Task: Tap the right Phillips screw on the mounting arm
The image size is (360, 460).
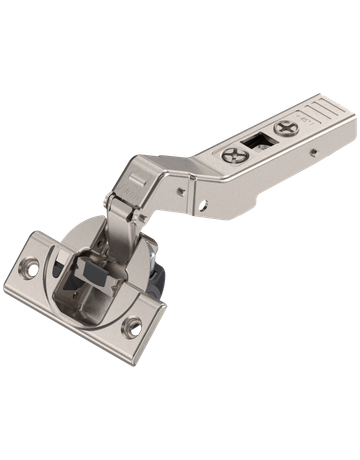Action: pos(289,127)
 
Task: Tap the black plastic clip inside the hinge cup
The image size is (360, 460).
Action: pos(89,268)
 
